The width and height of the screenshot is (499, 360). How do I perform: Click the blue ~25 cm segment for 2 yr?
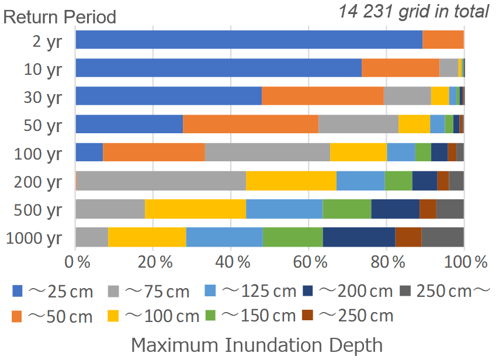(x=248, y=40)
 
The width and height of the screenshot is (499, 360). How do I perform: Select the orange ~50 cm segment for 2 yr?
(x=443, y=40)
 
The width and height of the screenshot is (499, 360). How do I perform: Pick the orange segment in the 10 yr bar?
(x=400, y=68)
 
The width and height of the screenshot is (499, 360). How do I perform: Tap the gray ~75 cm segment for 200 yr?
(x=161, y=181)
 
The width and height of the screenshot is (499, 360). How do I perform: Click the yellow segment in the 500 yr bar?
(x=195, y=209)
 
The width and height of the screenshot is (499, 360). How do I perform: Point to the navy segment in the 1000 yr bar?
(x=359, y=237)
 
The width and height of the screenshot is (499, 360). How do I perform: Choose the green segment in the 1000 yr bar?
(x=292, y=237)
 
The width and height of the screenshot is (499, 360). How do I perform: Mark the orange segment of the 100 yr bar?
(x=154, y=152)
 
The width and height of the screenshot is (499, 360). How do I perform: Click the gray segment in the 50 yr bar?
(x=358, y=124)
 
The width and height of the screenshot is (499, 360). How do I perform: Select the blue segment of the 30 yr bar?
(x=168, y=96)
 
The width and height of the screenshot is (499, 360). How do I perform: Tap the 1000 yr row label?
(x=33, y=238)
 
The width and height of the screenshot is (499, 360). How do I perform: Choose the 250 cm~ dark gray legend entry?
(x=445, y=290)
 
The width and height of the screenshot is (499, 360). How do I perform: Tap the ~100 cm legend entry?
(x=154, y=316)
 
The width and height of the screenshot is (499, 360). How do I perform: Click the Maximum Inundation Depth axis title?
(x=257, y=344)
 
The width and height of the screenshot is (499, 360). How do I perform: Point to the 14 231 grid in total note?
(x=413, y=11)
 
